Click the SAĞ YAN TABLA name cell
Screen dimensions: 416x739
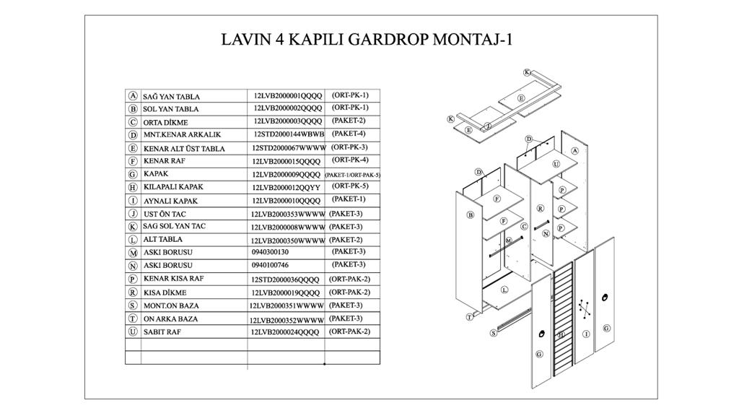click(171, 96)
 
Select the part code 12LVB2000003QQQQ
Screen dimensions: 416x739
click(287, 121)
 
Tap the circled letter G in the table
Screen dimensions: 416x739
click(133, 174)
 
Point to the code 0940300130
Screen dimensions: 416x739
click(270, 252)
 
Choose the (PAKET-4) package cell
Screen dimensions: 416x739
click(349, 134)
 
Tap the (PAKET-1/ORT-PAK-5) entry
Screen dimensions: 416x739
click(352, 175)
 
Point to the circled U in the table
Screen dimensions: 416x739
click(133, 332)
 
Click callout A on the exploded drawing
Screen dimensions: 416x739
click(574, 151)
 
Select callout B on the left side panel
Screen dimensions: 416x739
click(470, 214)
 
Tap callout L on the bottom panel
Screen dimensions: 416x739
click(504, 290)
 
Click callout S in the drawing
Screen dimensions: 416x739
click(494, 333)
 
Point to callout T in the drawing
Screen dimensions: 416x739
click(470, 316)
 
